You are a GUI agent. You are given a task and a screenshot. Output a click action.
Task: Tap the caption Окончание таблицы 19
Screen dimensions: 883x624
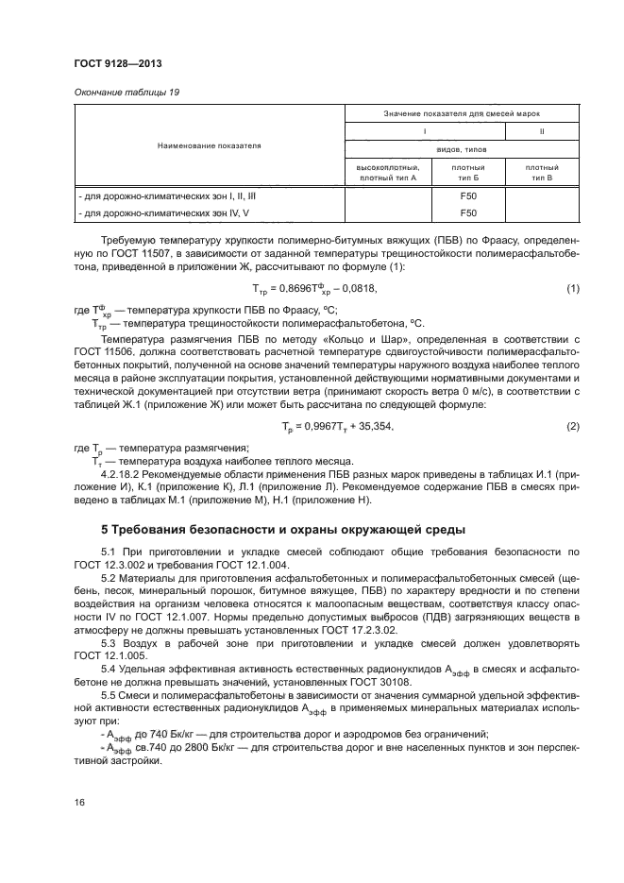tap(125, 93)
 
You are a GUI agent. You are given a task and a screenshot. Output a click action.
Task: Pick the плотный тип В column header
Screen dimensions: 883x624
tap(544, 172)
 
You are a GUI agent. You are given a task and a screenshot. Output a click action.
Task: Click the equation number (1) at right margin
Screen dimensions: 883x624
tap(572, 288)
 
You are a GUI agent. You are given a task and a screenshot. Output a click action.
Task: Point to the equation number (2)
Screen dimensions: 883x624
tap(572, 427)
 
